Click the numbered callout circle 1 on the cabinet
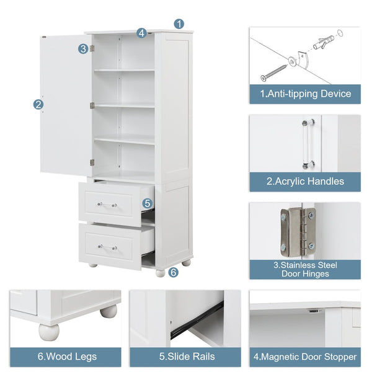pos(179,24)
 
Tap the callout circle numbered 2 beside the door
pos(38,105)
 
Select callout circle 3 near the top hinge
pos(83,48)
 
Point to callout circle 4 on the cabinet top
pos(141,33)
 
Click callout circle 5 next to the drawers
pos(147,203)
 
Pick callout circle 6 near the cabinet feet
pos(173,272)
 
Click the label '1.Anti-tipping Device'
pos(304,94)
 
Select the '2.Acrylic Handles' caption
pos(304,182)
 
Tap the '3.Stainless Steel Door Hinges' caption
pos(304,269)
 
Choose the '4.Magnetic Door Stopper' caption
pos(304,356)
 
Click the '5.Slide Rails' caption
pos(185,356)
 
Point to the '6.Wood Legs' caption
pos(64,356)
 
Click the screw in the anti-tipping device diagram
pos(273,71)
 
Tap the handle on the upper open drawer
pos(107,205)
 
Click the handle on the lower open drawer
pos(107,247)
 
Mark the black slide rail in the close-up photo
pos(197,320)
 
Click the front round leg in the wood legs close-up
pos(48,331)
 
